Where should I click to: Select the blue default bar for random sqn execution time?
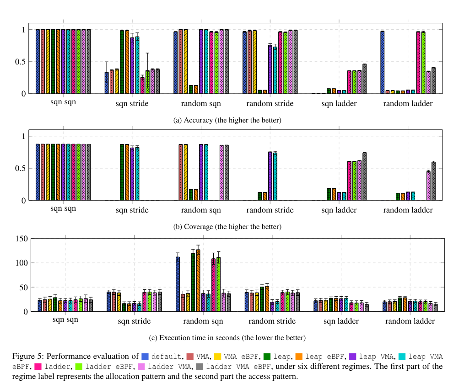pos(178,284)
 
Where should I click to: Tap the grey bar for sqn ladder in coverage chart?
pos(364,176)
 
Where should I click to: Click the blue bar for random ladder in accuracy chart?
pos(382,62)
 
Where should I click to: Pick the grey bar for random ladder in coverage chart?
pos(433,181)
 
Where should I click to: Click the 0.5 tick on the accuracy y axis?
pos(20,62)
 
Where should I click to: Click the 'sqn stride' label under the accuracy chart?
pos(132,104)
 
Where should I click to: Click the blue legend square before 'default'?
pos(146,357)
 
